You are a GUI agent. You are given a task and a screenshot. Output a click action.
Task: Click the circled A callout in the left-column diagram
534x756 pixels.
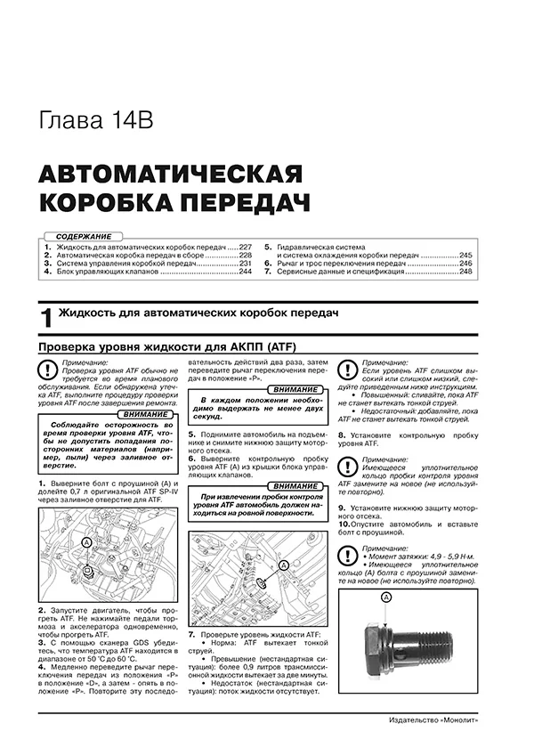coord(86,541)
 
